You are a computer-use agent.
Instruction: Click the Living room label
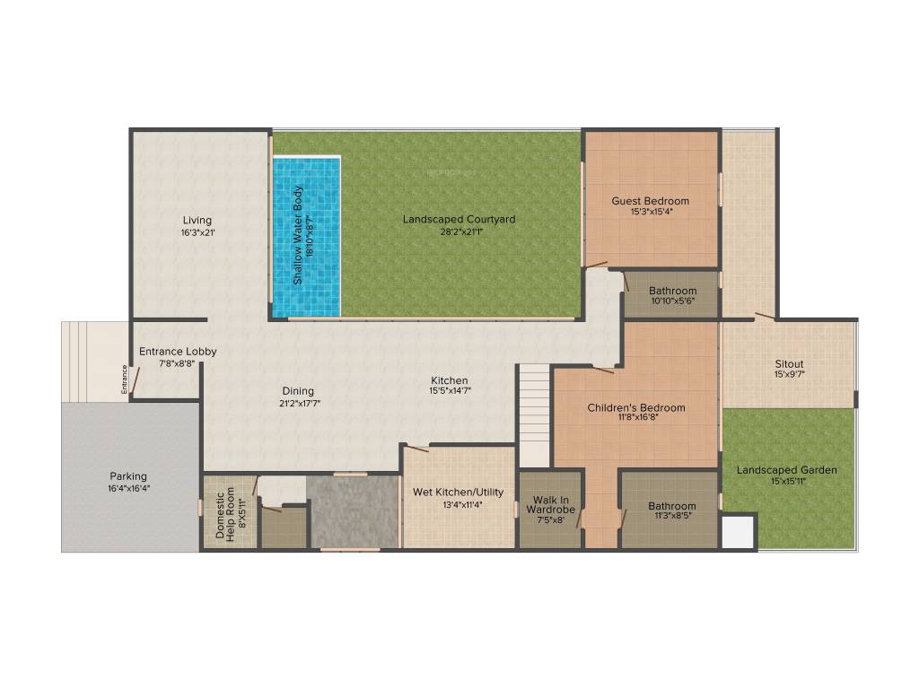[197, 220]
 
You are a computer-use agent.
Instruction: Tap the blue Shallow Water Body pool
[306, 236]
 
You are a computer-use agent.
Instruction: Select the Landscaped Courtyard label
[459, 219]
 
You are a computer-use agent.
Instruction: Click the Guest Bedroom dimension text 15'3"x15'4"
[651, 213]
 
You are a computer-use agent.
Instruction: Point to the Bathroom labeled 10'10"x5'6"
[672, 296]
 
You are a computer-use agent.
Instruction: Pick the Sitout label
[789, 363]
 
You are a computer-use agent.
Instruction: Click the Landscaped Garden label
[787, 469]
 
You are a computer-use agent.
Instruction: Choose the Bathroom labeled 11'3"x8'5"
[672, 510]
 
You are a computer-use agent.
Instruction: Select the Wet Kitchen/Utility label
[459, 492]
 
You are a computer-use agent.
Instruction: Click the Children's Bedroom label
[636, 407]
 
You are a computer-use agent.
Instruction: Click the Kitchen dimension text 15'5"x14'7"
[449, 391]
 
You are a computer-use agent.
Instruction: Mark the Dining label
[298, 390]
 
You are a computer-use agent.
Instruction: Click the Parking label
[128, 475]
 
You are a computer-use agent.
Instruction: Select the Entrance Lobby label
[178, 352]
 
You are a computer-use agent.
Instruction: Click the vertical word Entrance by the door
[126, 378]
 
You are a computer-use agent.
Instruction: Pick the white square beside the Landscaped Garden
[739, 531]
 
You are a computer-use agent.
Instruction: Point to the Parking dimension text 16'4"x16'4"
[128, 488]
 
